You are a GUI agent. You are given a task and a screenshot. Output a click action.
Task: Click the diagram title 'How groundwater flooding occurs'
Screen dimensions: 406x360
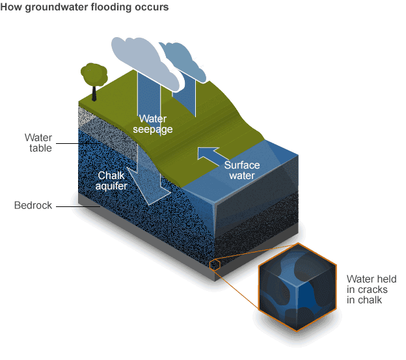[x=85, y=7]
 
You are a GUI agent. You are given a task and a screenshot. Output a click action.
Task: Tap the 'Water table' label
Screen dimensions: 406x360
[x=38, y=143]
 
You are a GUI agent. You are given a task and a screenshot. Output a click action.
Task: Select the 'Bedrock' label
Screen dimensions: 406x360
[x=33, y=205]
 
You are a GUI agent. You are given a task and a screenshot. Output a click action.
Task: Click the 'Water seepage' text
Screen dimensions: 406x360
[x=153, y=124]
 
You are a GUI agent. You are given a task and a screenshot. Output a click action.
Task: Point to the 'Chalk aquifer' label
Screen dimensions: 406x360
[x=111, y=181]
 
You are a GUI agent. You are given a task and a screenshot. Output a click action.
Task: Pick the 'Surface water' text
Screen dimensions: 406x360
[x=242, y=170]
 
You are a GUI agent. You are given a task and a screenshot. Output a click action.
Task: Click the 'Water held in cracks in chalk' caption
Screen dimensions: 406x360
[x=372, y=289]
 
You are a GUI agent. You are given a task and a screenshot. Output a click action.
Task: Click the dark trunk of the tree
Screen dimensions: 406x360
[x=94, y=94]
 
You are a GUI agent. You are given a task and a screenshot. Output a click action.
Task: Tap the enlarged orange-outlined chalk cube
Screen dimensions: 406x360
[x=298, y=287]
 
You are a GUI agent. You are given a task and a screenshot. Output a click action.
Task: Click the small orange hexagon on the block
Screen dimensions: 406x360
[x=215, y=265]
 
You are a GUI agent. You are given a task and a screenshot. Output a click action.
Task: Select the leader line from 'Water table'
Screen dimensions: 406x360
[x=78, y=143]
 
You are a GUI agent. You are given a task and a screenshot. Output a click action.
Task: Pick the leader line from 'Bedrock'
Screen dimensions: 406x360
[x=78, y=206]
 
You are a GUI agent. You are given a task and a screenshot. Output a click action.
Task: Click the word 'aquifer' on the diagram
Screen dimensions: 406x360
[x=111, y=186]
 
